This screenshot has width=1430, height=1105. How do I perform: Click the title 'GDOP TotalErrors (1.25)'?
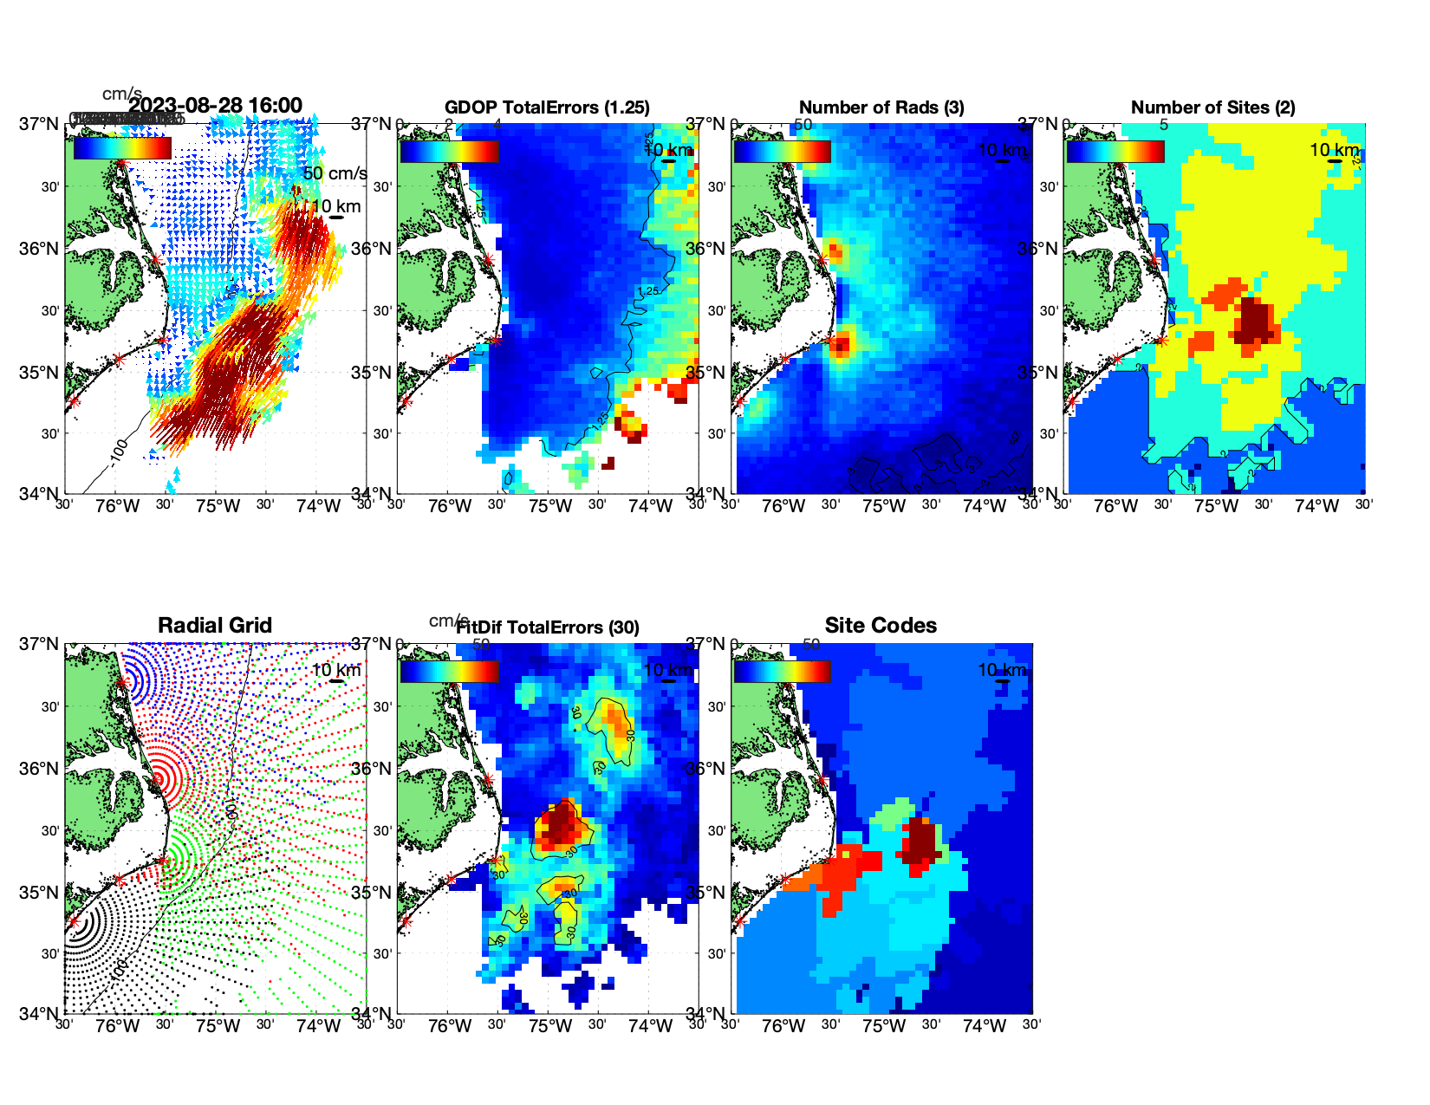[x=547, y=107]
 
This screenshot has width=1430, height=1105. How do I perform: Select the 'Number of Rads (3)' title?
[x=881, y=107]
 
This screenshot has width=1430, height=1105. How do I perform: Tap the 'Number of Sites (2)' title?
[x=1212, y=107]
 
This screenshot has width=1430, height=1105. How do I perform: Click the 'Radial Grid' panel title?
[x=215, y=625]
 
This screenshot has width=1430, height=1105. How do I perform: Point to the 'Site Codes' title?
[x=881, y=625]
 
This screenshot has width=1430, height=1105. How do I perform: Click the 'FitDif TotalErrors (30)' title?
[x=548, y=627]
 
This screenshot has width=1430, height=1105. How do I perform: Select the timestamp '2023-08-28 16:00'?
[x=215, y=106]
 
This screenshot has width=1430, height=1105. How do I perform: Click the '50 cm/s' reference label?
[x=335, y=173]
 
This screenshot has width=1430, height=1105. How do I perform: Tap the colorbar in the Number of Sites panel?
[x=1115, y=151]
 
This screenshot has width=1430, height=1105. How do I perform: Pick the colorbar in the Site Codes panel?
[x=783, y=671]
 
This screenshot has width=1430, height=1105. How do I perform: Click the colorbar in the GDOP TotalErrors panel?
[x=450, y=151]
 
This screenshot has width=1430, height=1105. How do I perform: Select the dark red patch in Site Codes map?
[x=920, y=839]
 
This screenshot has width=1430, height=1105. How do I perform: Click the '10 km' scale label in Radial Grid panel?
[x=335, y=670]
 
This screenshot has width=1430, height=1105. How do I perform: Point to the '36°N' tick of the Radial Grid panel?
[x=40, y=769]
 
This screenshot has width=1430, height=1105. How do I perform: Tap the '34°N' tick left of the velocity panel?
[x=40, y=494]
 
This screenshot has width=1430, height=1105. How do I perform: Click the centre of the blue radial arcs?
[x=123, y=682]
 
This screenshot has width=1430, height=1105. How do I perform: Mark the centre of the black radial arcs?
[x=74, y=921]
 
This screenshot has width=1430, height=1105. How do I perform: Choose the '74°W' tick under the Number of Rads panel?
[x=984, y=506]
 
